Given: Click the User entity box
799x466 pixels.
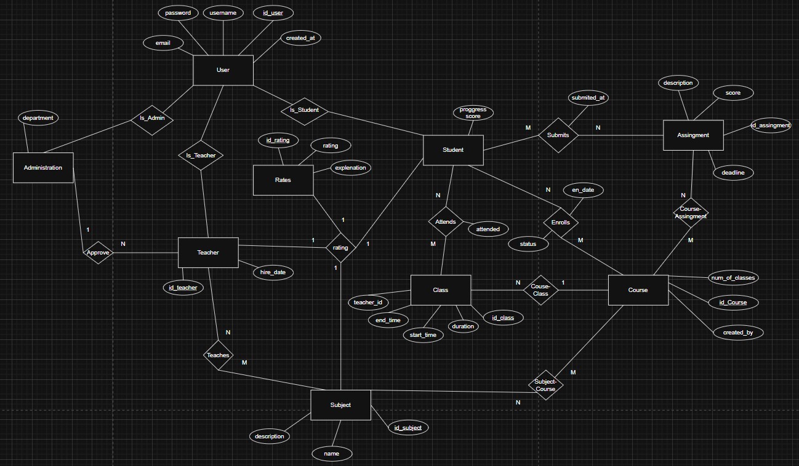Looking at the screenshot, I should [223, 70].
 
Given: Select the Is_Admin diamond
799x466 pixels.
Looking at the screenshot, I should [151, 118].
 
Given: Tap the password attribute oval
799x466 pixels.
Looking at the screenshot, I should [178, 13].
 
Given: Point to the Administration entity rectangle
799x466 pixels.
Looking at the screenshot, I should [43, 167].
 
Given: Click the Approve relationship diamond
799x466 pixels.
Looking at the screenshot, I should [98, 252].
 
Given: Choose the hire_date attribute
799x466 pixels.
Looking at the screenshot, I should [273, 272].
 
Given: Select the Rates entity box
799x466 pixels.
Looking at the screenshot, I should [283, 180].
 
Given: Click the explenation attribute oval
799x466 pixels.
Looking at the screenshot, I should [350, 167].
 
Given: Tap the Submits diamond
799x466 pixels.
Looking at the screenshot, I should [558, 135].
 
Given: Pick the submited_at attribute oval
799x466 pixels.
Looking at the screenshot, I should [588, 97].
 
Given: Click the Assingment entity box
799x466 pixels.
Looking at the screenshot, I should [693, 135].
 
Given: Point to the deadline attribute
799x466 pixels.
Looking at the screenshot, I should [733, 173].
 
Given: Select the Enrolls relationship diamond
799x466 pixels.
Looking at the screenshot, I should [560, 222].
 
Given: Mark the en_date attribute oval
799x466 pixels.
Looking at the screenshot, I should [582, 190].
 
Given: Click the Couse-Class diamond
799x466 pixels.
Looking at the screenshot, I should [540, 290].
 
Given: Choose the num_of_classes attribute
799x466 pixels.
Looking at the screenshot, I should [733, 277].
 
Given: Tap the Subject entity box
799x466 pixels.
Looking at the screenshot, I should [340, 405].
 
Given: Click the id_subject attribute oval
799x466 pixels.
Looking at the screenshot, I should [408, 427].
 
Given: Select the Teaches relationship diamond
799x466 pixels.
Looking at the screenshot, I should [218, 355].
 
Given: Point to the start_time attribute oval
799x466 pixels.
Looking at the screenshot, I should [423, 335].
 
